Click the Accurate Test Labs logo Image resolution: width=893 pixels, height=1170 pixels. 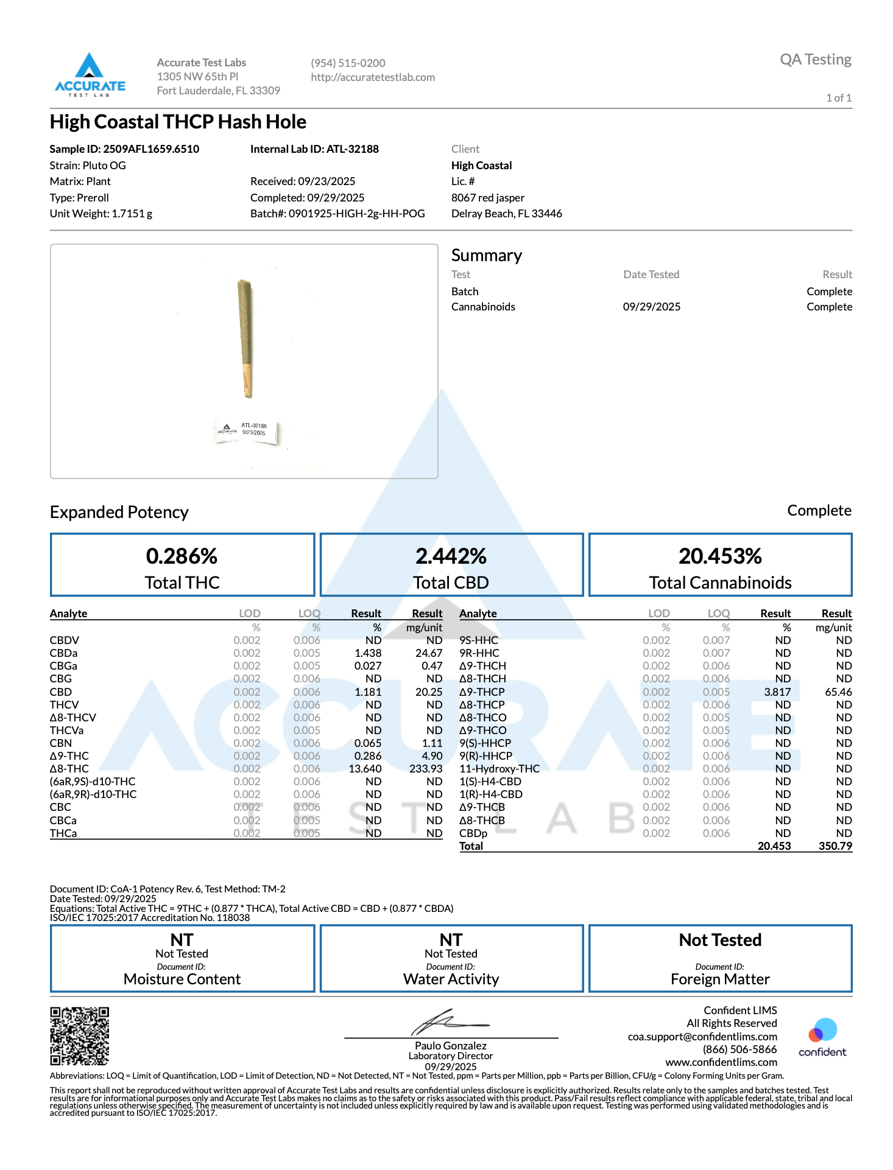[90, 75]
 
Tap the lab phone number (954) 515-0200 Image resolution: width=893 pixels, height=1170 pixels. [348, 63]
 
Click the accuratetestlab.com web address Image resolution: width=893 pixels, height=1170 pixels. [373, 77]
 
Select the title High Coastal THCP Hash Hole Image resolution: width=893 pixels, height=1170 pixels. [178, 122]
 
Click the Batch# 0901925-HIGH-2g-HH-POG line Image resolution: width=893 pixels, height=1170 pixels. [337, 214]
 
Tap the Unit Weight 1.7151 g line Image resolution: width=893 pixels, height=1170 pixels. [101, 214]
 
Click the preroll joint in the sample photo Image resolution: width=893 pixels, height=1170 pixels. [245, 338]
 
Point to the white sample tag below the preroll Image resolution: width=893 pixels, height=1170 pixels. [247, 432]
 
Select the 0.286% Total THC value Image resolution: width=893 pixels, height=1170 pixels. [182, 556]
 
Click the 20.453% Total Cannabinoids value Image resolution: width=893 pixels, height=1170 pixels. [720, 556]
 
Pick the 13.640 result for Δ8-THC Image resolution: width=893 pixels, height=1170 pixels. [365, 769]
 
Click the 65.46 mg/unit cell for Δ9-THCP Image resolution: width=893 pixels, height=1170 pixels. [838, 692]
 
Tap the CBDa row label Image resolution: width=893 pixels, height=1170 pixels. [63, 653]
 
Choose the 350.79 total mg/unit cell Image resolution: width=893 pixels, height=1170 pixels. [835, 846]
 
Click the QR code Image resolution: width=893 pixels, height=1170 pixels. [79, 1035]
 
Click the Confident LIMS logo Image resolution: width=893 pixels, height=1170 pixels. [822, 1037]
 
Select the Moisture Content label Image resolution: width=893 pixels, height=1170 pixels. [182, 979]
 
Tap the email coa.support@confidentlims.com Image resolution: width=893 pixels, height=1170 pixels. [702, 1037]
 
